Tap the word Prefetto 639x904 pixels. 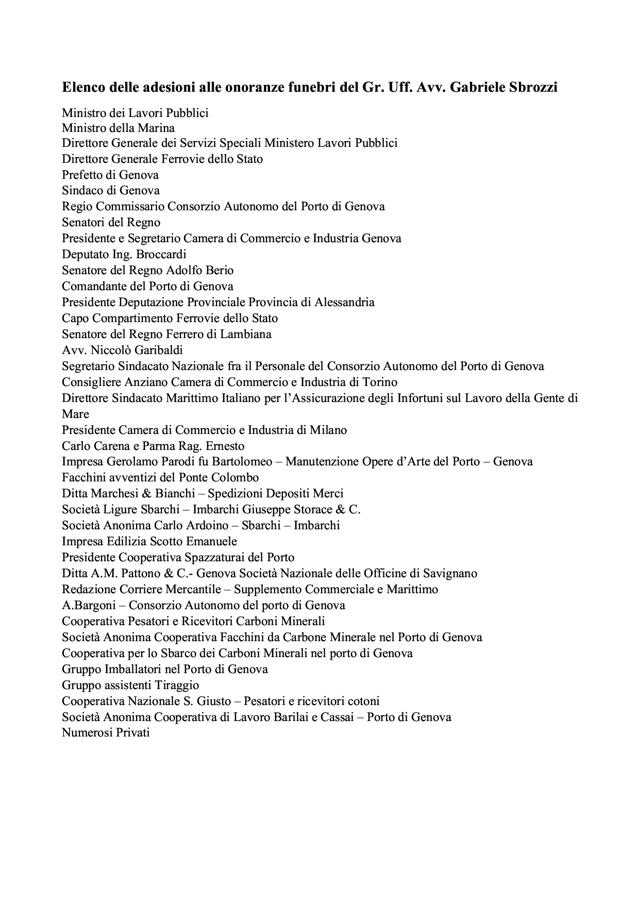(x=82, y=175)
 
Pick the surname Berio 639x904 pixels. (x=220, y=270)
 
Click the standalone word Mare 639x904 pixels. (x=75, y=414)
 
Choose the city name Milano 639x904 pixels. (x=328, y=430)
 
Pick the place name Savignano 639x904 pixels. (x=450, y=573)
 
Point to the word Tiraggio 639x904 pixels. (x=178, y=685)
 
